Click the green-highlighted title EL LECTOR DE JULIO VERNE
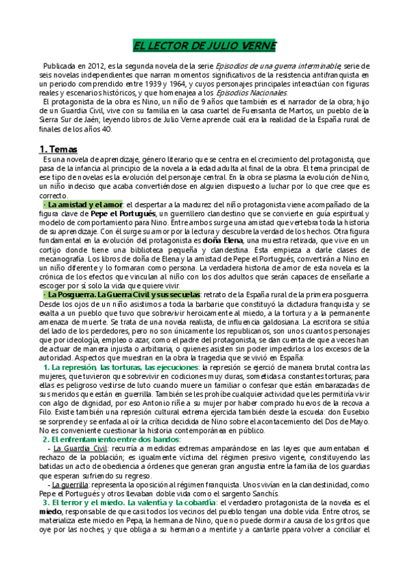[204, 46]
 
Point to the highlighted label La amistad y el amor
[82, 204]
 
